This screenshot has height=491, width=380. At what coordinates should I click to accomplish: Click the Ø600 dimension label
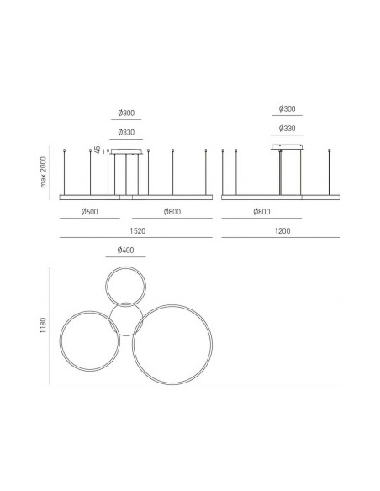coord(89,212)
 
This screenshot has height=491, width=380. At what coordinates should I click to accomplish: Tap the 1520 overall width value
coord(137,231)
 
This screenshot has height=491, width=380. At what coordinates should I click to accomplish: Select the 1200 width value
coord(282,231)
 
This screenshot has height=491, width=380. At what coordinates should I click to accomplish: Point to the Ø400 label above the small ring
coord(125,251)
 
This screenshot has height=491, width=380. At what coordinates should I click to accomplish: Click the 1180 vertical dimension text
coord(43,325)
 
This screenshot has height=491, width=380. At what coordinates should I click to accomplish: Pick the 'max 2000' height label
coord(43,172)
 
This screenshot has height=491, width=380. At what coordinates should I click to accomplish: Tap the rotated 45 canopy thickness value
coord(98,150)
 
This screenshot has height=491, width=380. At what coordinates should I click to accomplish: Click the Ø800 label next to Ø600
coord(172,212)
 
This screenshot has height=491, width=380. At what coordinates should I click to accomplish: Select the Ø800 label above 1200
coord(261,212)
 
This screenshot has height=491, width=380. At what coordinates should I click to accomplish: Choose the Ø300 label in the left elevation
coord(126,113)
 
